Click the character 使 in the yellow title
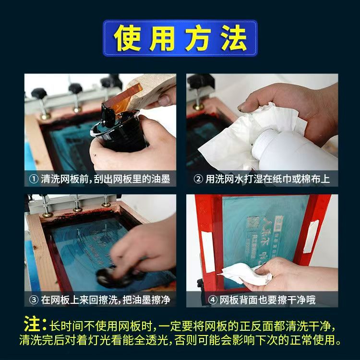click(128, 38)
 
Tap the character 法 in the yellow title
click(234, 38)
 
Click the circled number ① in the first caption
click(34, 179)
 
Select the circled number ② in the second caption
click(198, 179)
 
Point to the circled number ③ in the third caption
click(34, 300)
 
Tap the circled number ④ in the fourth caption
click(212, 300)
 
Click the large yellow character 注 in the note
click(32, 324)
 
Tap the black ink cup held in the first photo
click(120, 131)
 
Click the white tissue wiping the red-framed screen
click(244, 275)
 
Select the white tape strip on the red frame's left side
click(208, 252)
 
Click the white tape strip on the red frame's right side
click(311, 237)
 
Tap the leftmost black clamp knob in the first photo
click(39, 93)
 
